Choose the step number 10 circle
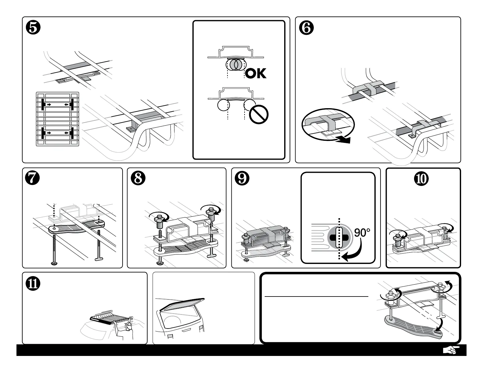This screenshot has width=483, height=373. [x=423, y=179]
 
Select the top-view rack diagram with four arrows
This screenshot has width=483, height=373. [x=58, y=119]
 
